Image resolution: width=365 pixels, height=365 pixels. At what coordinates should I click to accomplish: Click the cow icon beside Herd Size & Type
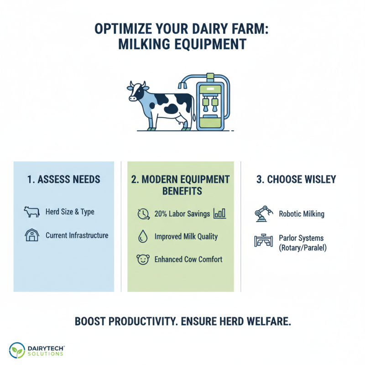click(x=31, y=212)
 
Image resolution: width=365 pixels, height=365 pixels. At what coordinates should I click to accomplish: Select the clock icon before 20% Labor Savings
click(x=143, y=213)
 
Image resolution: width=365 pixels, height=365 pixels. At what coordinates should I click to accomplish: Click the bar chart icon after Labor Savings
click(x=220, y=213)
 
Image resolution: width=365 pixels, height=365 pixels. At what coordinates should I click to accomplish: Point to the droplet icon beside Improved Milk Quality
click(x=143, y=236)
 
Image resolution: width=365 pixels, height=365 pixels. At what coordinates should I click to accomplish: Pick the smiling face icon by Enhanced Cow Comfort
click(x=143, y=260)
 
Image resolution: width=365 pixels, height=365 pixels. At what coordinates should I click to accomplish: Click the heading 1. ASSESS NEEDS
click(x=63, y=179)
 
